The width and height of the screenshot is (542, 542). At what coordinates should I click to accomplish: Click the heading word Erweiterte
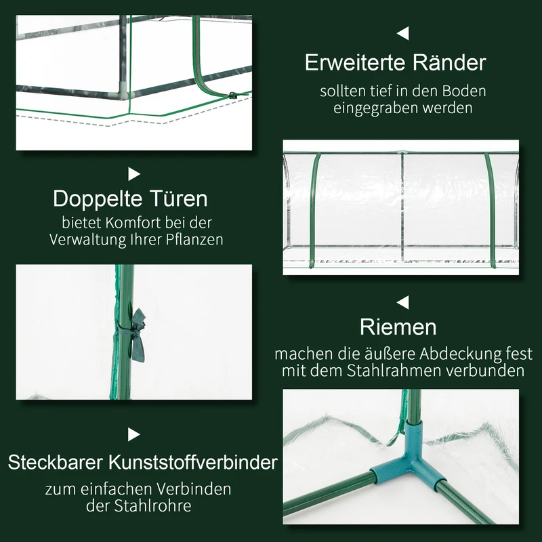(x=355, y=62)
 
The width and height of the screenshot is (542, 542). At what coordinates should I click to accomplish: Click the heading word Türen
(x=179, y=198)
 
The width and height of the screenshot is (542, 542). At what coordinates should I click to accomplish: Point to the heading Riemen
(x=398, y=327)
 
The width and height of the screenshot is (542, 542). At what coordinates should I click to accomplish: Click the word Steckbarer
(x=56, y=462)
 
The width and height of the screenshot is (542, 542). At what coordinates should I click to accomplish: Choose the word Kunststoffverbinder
(x=193, y=462)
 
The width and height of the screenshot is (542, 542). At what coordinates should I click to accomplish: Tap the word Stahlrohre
(x=153, y=505)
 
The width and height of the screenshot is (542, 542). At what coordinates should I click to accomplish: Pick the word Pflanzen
(x=194, y=240)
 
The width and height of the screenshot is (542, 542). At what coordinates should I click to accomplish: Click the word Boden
(x=464, y=91)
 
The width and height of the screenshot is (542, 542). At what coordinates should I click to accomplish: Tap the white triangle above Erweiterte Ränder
(x=402, y=33)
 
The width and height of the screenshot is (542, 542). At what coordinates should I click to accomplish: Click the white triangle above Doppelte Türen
(x=133, y=174)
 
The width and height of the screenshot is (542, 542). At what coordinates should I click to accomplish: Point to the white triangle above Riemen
(x=402, y=302)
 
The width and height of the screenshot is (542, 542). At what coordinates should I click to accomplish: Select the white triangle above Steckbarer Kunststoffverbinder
(x=133, y=434)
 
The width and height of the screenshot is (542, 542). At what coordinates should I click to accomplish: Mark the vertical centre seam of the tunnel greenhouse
(x=402, y=207)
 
